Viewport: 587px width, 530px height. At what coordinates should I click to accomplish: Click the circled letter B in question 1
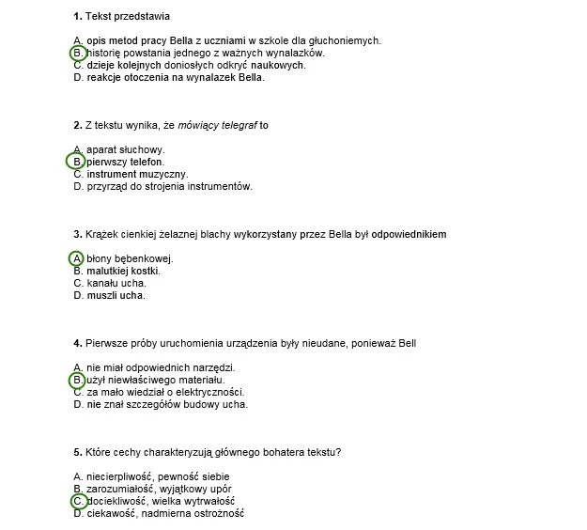[x=78, y=54]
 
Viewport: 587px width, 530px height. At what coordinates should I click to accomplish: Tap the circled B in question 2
[x=78, y=162]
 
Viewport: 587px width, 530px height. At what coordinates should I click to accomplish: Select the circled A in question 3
[x=78, y=258]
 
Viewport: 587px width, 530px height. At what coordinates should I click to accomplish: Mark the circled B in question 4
[x=78, y=380]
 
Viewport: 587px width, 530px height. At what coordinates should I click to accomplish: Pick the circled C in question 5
[x=78, y=502]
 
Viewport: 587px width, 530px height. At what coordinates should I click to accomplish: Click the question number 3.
[x=76, y=234]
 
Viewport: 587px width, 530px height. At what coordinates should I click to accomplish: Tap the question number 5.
[x=76, y=452]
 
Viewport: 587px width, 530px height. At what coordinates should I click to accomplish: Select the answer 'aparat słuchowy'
[x=125, y=149]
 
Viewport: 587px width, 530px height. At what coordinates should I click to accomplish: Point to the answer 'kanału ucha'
[x=116, y=283]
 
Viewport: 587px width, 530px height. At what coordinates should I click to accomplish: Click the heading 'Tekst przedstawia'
[x=128, y=17]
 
